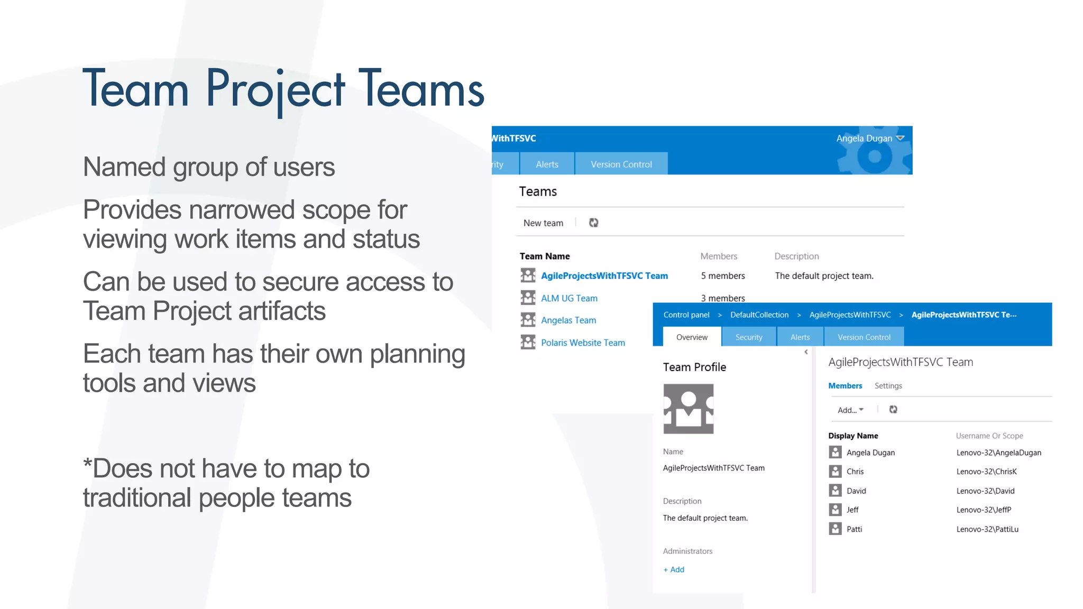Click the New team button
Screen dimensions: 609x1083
543,223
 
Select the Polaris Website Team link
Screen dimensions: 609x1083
583,343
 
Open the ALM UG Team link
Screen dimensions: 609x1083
569,298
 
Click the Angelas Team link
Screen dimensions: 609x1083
568,320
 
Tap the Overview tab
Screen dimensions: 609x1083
692,337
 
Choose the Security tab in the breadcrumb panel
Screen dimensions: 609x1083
749,337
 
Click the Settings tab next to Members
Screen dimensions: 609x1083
888,386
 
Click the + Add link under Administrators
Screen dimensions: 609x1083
674,569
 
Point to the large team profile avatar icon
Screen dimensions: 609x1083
688,409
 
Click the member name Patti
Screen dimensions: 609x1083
854,529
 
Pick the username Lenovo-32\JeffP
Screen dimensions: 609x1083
984,510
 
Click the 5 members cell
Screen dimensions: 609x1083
723,276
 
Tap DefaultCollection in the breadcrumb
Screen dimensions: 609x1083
759,315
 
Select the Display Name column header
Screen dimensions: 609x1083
853,436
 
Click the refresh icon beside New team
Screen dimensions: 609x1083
594,223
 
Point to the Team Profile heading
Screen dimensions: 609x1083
694,367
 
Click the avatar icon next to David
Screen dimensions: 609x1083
835,491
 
